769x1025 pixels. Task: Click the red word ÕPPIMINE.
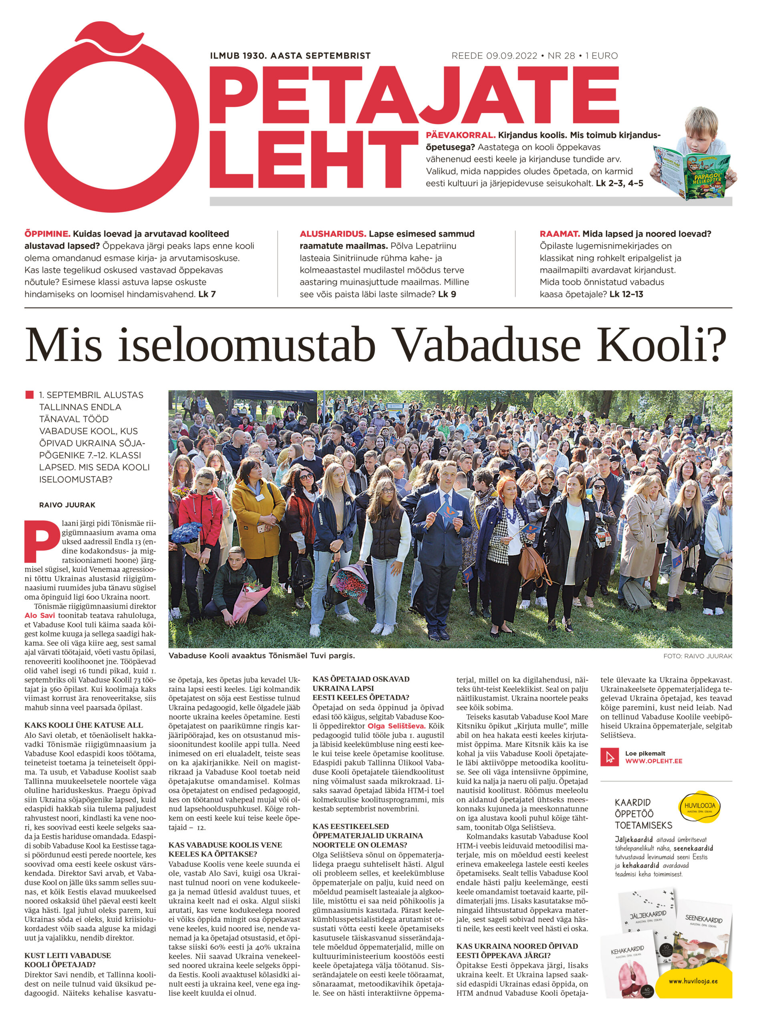[x=47, y=233]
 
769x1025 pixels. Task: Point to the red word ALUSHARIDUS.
[x=333, y=233]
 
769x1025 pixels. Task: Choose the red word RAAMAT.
[x=560, y=233]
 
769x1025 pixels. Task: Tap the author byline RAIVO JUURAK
[x=67, y=504]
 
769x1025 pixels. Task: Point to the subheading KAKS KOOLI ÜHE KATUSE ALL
[x=84, y=725]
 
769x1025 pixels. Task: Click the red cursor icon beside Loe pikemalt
[x=610, y=757]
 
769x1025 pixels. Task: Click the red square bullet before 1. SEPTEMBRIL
[x=30, y=395]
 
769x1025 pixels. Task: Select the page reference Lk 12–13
[x=626, y=294]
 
